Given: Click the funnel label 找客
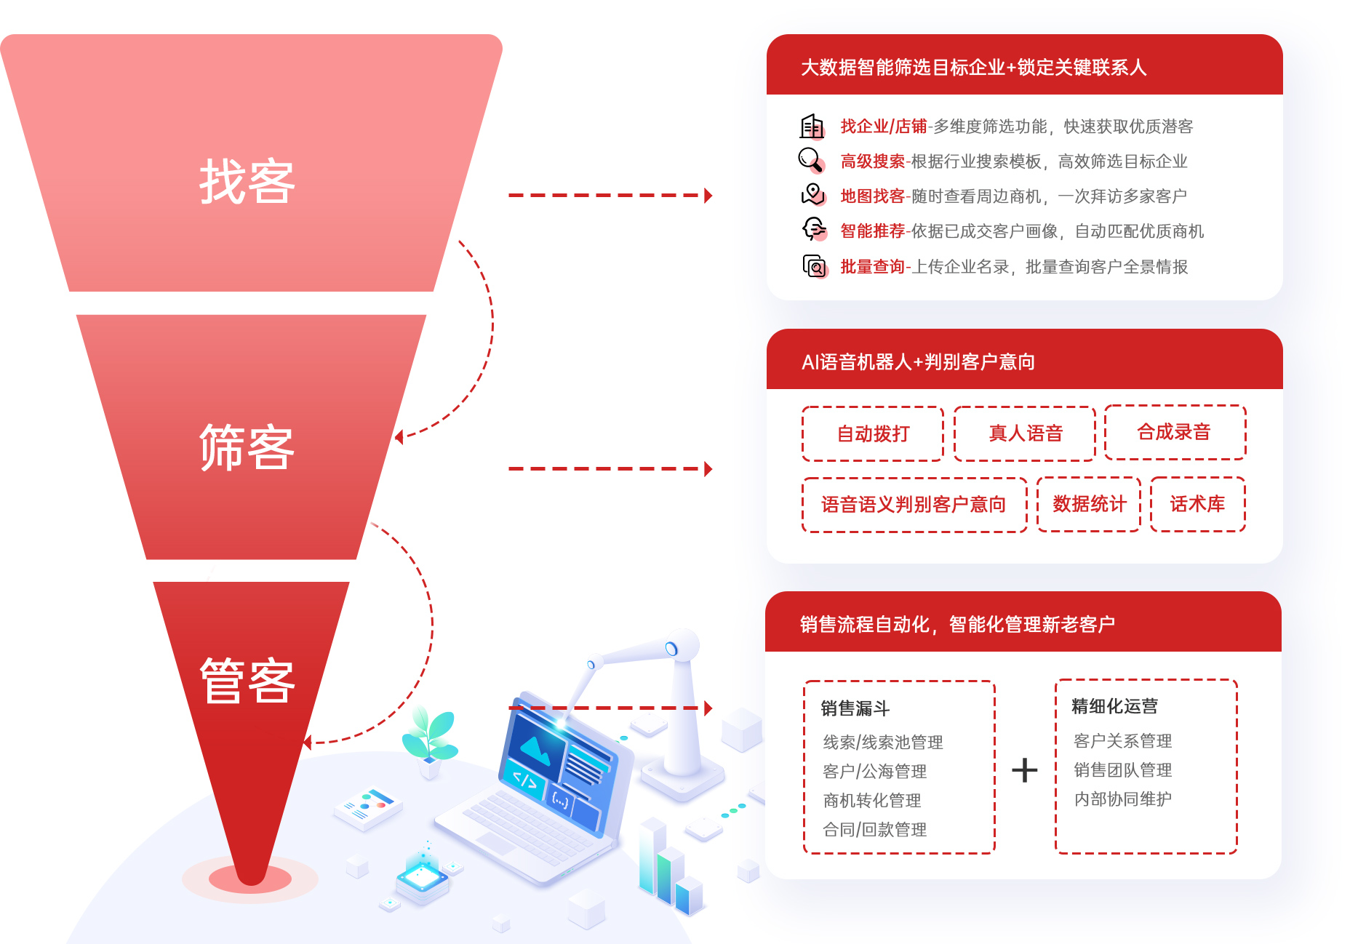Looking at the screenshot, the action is click(247, 182).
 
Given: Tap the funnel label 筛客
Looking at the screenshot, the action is click(247, 447).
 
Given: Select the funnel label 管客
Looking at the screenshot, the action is click(247, 681).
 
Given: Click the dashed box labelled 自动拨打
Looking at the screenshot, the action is click(873, 433).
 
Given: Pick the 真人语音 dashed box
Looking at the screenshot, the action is click(1025, 433).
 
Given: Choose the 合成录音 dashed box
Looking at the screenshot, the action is click(1175, 432).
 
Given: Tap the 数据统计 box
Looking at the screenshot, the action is click(1089, 504).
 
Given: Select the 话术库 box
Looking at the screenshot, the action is click(1198, 504).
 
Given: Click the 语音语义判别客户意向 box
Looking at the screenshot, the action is click(914, 505).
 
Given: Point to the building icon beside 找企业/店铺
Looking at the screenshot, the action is click(812, 127).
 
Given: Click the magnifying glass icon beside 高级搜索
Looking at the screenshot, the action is click(811, 160).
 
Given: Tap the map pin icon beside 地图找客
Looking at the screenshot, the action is click(812, 194).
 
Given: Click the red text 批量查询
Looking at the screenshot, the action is click(872, 267).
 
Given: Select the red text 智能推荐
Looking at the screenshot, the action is click(872, 231).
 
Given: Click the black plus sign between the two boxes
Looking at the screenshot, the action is click(1025, 770).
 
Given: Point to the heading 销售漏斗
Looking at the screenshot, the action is click(855, 708).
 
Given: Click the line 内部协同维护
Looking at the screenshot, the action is click(1123, 799).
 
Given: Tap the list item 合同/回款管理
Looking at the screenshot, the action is click(875, 830).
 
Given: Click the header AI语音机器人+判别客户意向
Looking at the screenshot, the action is click(918, 361).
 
